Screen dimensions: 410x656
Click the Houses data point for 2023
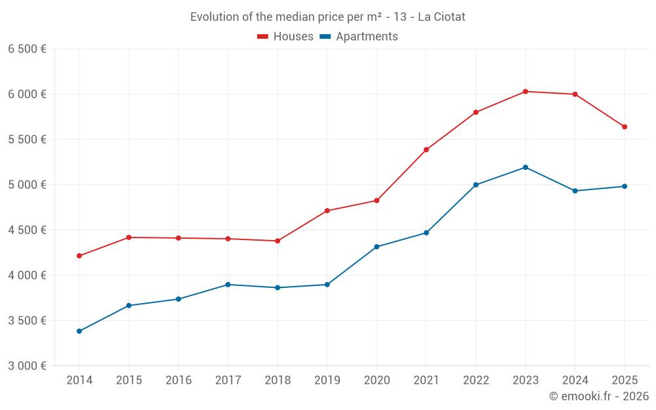tap(525, 91)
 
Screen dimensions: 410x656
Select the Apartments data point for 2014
tap(79, 331)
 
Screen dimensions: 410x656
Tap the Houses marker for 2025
tap(625, 127)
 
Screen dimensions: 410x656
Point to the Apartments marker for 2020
tap(377, 247)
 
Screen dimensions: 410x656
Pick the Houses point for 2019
tap(327, 211)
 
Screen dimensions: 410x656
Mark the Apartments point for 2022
tap(476, 184)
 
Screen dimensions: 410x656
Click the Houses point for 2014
tap(79, 256)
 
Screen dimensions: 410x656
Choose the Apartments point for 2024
tap(575, 191)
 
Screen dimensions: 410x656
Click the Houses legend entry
tap(285, 37)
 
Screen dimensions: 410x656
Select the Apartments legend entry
tap(359, 37)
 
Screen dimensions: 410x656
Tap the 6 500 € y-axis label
tap(27, 49)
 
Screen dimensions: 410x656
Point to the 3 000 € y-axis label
tap(27, 366)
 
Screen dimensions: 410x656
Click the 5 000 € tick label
tap(27, 185)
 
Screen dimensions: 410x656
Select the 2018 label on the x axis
tap(277, 380)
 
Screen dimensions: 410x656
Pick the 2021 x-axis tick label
tap(426, 380)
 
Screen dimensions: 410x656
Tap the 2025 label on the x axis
tap(625, 380)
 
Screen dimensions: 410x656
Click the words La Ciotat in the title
tap(441, 17)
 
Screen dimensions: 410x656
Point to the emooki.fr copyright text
tap(599, 396)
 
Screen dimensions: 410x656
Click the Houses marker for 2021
tap(426, 150)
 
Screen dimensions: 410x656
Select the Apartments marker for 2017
tap(228, 285)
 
